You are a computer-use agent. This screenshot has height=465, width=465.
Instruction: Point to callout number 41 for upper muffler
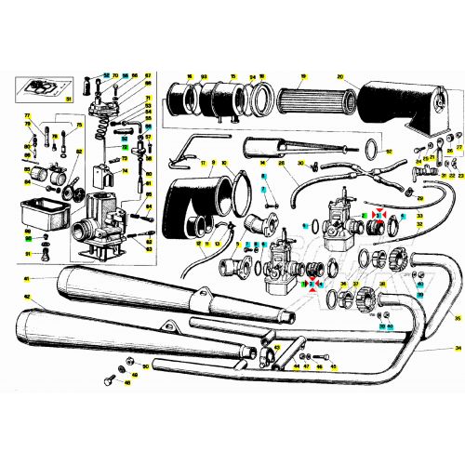point(27,279)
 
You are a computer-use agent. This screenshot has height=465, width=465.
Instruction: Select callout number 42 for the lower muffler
point(27,298)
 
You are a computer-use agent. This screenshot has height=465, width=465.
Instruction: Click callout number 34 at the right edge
point(457,346)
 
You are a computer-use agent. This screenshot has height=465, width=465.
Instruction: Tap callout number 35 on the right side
point(457,317)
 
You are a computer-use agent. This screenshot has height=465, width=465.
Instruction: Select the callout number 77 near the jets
point(27,115)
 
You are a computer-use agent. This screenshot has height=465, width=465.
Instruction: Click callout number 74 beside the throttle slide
point(126,170)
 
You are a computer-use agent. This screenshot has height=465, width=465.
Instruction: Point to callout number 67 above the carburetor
point(149,74)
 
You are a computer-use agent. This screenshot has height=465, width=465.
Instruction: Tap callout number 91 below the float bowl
point(28,253)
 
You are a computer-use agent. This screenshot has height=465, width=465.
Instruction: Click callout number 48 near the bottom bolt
point(127,382)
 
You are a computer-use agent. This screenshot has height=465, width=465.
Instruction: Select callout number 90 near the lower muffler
point(145,366)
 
